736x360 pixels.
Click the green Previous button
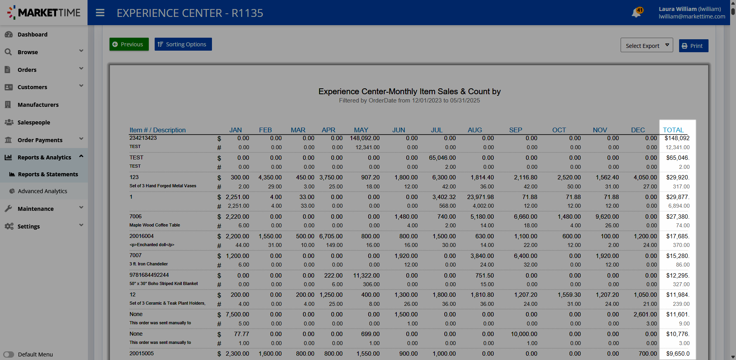point(129,44)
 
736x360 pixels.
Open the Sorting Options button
point(183,44)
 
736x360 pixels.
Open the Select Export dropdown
point(647,45)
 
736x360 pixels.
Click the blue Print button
point(694,46)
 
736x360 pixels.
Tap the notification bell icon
point(636,13)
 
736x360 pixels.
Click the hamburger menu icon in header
point(100,13)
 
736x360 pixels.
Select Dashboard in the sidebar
point(32,35)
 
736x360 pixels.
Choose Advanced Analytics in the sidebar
point(42,191)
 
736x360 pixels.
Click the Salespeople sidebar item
point(34,122)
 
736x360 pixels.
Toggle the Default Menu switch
point(9,355)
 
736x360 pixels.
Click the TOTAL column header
point(673,130)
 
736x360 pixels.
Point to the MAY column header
point(361,130)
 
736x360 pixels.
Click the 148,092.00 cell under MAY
point(365,138)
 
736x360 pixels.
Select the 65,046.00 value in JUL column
point(442,158)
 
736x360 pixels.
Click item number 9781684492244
point(149,275)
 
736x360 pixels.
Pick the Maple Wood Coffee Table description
point(155,225)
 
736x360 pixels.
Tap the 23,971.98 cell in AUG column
point(480,197)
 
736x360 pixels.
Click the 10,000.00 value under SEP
point(524,334)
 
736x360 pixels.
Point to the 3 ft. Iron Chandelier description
point(148,264)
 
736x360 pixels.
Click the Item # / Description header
point(157,130)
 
